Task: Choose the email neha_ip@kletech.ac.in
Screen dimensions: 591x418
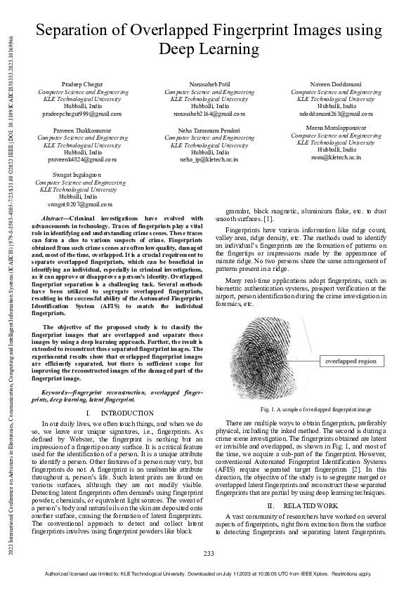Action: (209, 159)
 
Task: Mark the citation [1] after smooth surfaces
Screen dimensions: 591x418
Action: (268, 219)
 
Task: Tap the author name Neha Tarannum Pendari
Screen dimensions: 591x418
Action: (209, 131)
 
